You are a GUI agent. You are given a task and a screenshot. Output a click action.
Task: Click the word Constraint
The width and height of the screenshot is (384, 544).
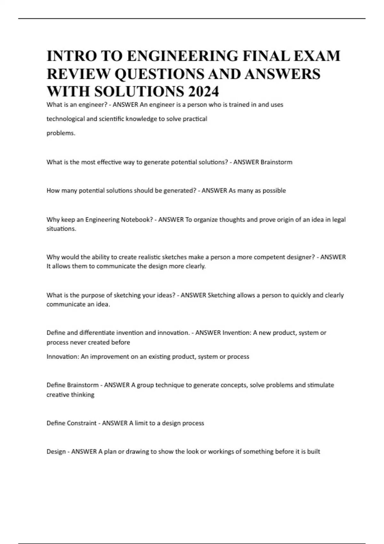82,423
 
